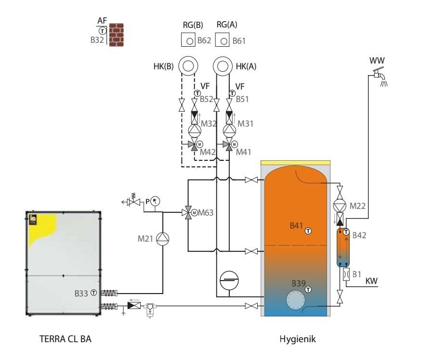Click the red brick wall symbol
pos(117,35)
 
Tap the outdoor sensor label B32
pos(97,40)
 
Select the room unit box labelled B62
pos(188,39)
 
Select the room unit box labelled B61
pos(222,39)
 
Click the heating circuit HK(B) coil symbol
pos(188,66)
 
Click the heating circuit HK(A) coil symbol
pos(223,66)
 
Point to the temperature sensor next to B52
pos(197,93)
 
